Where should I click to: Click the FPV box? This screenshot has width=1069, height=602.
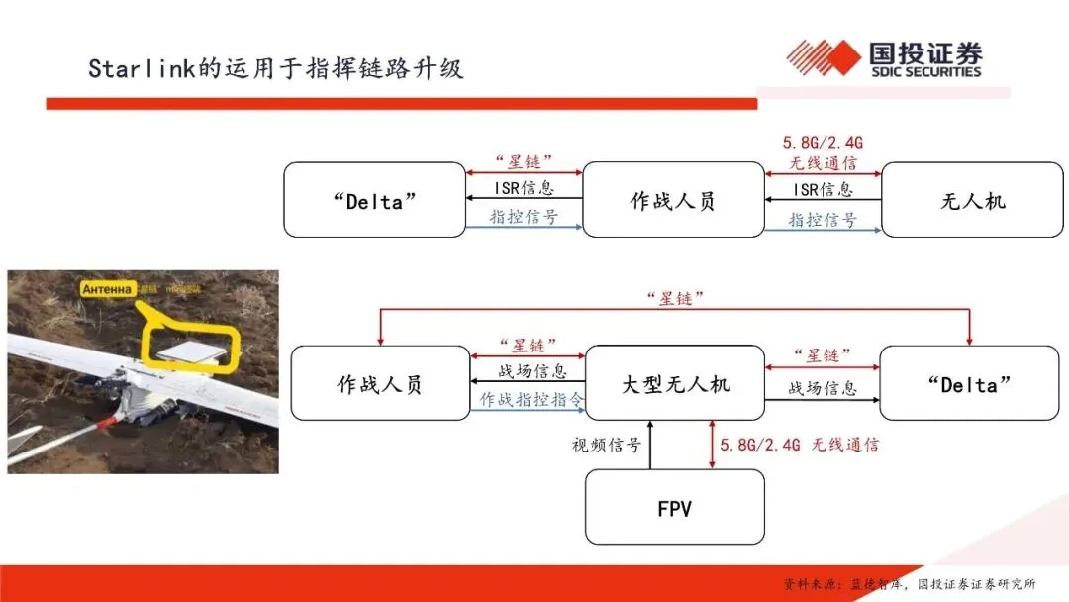674,508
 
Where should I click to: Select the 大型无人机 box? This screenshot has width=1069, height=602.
674,383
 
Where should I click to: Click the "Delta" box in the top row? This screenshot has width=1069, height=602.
374,200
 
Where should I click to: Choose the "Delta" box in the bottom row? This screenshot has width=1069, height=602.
969,383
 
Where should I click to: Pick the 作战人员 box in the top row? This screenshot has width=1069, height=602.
673,200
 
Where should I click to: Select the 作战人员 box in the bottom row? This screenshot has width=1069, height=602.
380,383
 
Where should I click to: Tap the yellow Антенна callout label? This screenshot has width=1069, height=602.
109,289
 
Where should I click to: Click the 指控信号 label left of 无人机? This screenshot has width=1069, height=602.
822,220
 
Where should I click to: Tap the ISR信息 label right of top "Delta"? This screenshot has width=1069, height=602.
524,188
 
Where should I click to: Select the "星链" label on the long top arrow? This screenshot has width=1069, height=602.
675,298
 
